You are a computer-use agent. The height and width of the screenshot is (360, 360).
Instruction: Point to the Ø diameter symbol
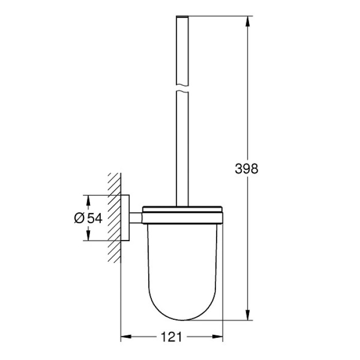(79, 218)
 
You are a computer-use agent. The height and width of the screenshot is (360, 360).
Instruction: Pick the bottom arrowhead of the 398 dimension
(248, 316)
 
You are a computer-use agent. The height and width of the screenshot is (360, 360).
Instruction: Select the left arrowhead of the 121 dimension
(125, 337)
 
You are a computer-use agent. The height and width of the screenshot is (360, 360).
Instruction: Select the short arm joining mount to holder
(135, 218)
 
